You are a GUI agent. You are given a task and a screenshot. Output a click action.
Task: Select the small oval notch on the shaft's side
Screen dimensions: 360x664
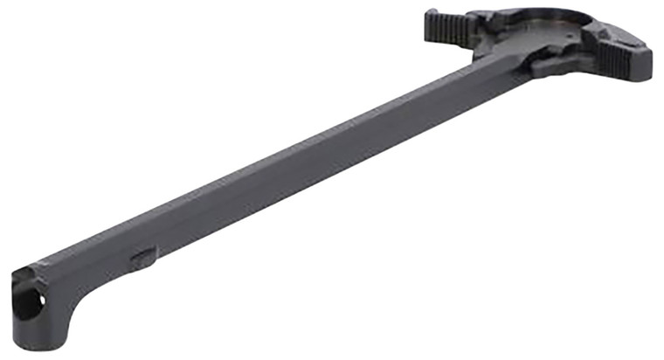pos(143,258)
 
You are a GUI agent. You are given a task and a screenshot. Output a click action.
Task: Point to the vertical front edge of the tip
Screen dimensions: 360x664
pos(15,301)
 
